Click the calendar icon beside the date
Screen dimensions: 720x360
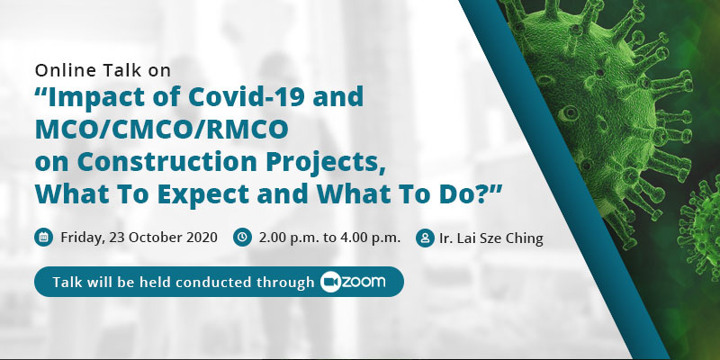43,238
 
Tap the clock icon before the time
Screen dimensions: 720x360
242,238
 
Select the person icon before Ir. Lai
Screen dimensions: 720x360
425,238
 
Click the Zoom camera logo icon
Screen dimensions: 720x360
330,282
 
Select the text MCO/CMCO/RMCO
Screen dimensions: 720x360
162,129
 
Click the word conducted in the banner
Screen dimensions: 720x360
213,282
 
